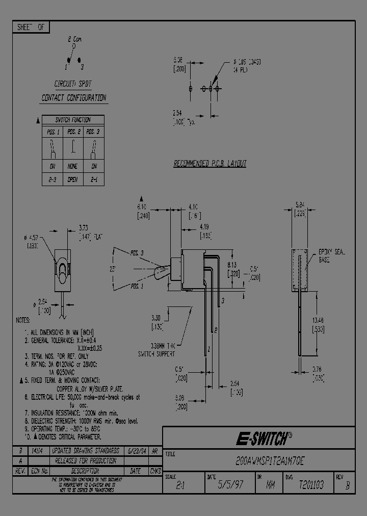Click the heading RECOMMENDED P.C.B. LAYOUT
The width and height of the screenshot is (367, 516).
coord(210,164)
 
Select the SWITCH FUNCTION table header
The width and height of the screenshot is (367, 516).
coord(73,120)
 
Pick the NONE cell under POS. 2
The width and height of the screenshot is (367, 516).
coord(73,166)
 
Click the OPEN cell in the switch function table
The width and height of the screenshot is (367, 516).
coord(73,179)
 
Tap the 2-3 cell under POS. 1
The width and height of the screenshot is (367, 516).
coord(52,179)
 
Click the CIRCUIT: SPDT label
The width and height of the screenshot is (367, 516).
coord(73,83)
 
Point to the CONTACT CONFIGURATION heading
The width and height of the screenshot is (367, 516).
coord(73,97)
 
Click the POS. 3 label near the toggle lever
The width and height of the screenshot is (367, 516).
coord(137,253)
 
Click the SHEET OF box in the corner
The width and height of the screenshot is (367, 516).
coord(31,28)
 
